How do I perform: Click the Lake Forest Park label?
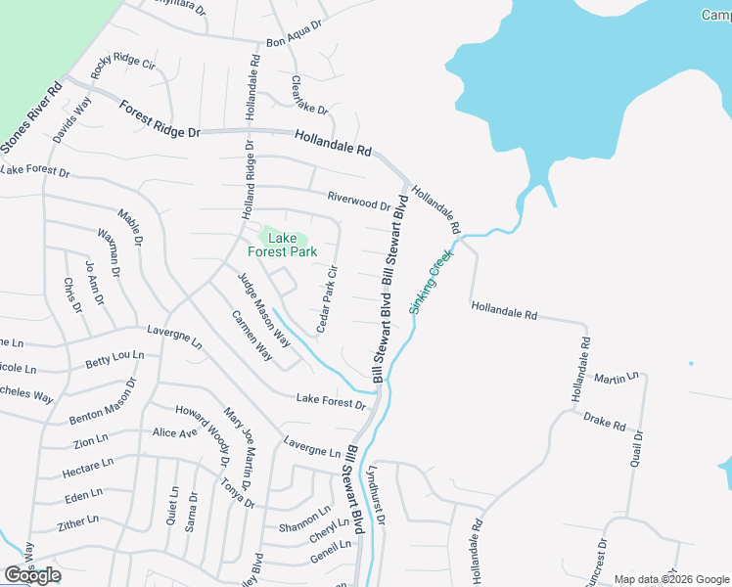tap(282, 245)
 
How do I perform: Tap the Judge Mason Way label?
tap(264, 309)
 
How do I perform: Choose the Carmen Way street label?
tap(252, 336)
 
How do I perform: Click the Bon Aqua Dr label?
tap(294, 34)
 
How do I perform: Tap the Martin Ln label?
tap(617, 377)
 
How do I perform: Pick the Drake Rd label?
tap(604, 422)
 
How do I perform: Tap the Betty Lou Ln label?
tap(114, 360)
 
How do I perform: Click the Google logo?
tap(32, 575)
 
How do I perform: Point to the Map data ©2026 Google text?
tap(670, 579)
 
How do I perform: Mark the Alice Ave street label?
tap(175, 432)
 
